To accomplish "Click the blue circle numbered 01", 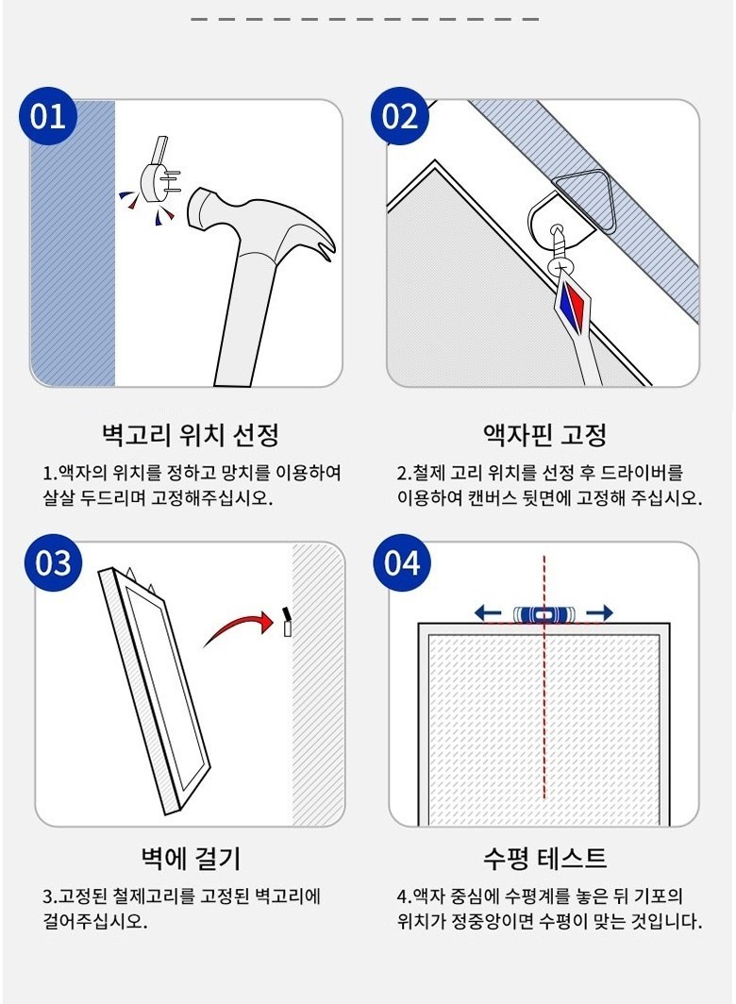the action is coord(48,116).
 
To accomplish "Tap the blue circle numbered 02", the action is coord(400,116).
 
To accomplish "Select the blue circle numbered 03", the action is coord(53,562).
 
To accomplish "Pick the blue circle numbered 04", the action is coord(402,562).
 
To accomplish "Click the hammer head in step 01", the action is coord(257,225).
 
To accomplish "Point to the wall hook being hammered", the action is coord(160,173).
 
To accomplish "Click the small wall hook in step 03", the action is coord(287,622).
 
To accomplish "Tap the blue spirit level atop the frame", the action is coord(544,614).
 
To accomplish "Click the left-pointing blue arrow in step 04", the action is coord(488,613).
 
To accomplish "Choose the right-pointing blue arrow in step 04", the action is coord(599,613).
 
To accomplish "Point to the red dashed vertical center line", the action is coord(544,677).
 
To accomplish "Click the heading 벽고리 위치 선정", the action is coord(191,435).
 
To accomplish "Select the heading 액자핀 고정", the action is coord(544,435).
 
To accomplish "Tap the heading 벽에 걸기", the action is coord(191,858).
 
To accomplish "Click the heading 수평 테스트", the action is coord(544,858).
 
